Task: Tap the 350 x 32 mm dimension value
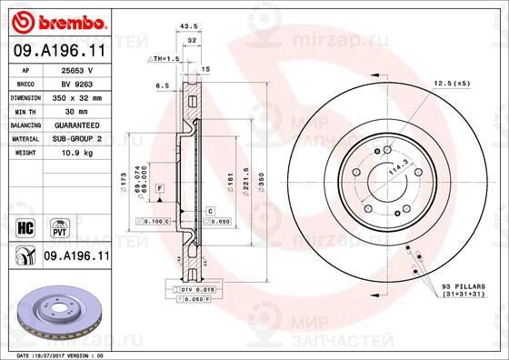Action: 75,95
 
